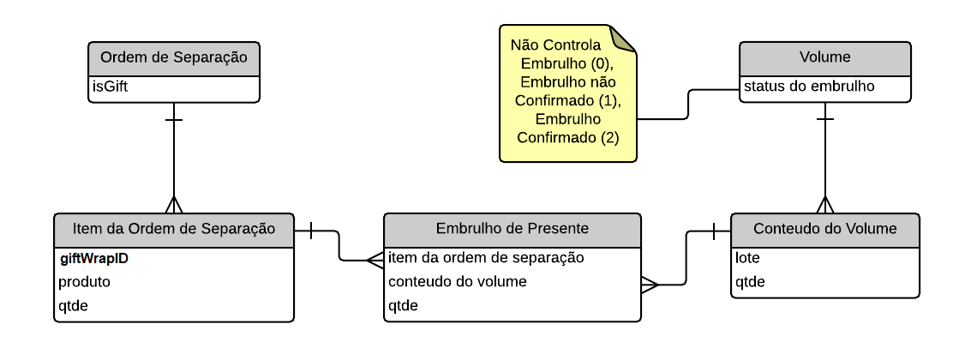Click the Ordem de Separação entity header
[x=174, y=58]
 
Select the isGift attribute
[x=111, y=87]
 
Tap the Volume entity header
[x=824, y=58]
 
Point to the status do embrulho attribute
[x=809, y=86]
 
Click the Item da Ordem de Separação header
[x=174, y=229]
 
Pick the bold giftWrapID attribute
[x=94, y=257]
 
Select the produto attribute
[x=84, y=281]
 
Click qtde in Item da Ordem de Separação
[x=73, y=305]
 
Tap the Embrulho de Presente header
[x=512, y=229]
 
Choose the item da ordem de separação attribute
[x=486, y=257]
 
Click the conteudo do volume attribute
[x=458, y=281]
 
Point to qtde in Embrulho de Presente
[x=404, y=305]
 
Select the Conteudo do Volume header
[x=824, y=229]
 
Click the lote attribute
[x=748, y=257]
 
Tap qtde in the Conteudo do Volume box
[x=750, y=281]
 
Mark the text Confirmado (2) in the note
[x=567, y=137]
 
